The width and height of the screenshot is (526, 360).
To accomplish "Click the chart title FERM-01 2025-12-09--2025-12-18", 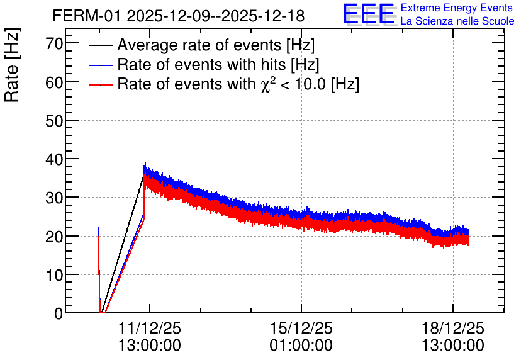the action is (x=179, y=16).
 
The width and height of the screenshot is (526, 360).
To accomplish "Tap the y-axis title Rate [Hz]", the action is (x=12, y=65).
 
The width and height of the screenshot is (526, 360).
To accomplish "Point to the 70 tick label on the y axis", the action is (x=54, y=43).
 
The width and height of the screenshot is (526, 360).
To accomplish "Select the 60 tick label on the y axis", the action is (x=54, y=82).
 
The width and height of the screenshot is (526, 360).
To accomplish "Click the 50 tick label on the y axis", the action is (x=54, y=121).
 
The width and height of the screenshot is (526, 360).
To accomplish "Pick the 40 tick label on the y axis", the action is (x=54, y=159).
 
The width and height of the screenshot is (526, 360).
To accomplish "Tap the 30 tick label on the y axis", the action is (x=54, y=198).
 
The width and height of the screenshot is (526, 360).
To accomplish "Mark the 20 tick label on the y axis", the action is (x=54, y=237).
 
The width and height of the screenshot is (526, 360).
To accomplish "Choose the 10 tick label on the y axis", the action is (x=54, y=275).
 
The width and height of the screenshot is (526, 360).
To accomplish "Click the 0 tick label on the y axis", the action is (x=59, y=313).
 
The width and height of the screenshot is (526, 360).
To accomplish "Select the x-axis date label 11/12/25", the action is (x=150, y=328).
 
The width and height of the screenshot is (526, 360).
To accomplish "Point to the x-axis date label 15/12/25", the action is (x=301, y=328).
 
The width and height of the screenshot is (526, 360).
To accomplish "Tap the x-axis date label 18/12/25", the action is (x=452, y=328).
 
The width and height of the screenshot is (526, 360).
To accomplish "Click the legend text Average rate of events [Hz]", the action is (x=216, y=45).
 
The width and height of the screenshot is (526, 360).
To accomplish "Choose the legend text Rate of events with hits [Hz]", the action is (x=218, y=64).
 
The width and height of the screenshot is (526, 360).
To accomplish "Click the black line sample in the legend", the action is (x=100, y=45).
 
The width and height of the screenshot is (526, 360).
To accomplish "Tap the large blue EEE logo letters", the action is (x=368, y=14).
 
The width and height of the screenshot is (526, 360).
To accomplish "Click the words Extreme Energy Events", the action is (x=457, y=8).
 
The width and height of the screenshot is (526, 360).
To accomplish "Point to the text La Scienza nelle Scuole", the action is (x=457, y=21).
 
